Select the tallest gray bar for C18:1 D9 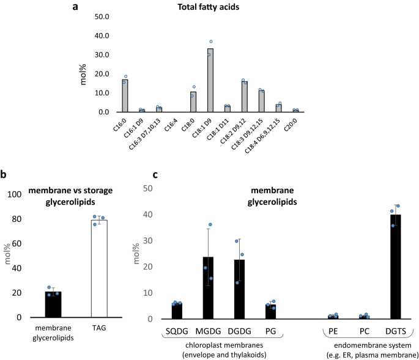click(x=210, y=80)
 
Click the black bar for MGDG click(x=208, y=288)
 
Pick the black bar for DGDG click(x=239, y=289)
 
